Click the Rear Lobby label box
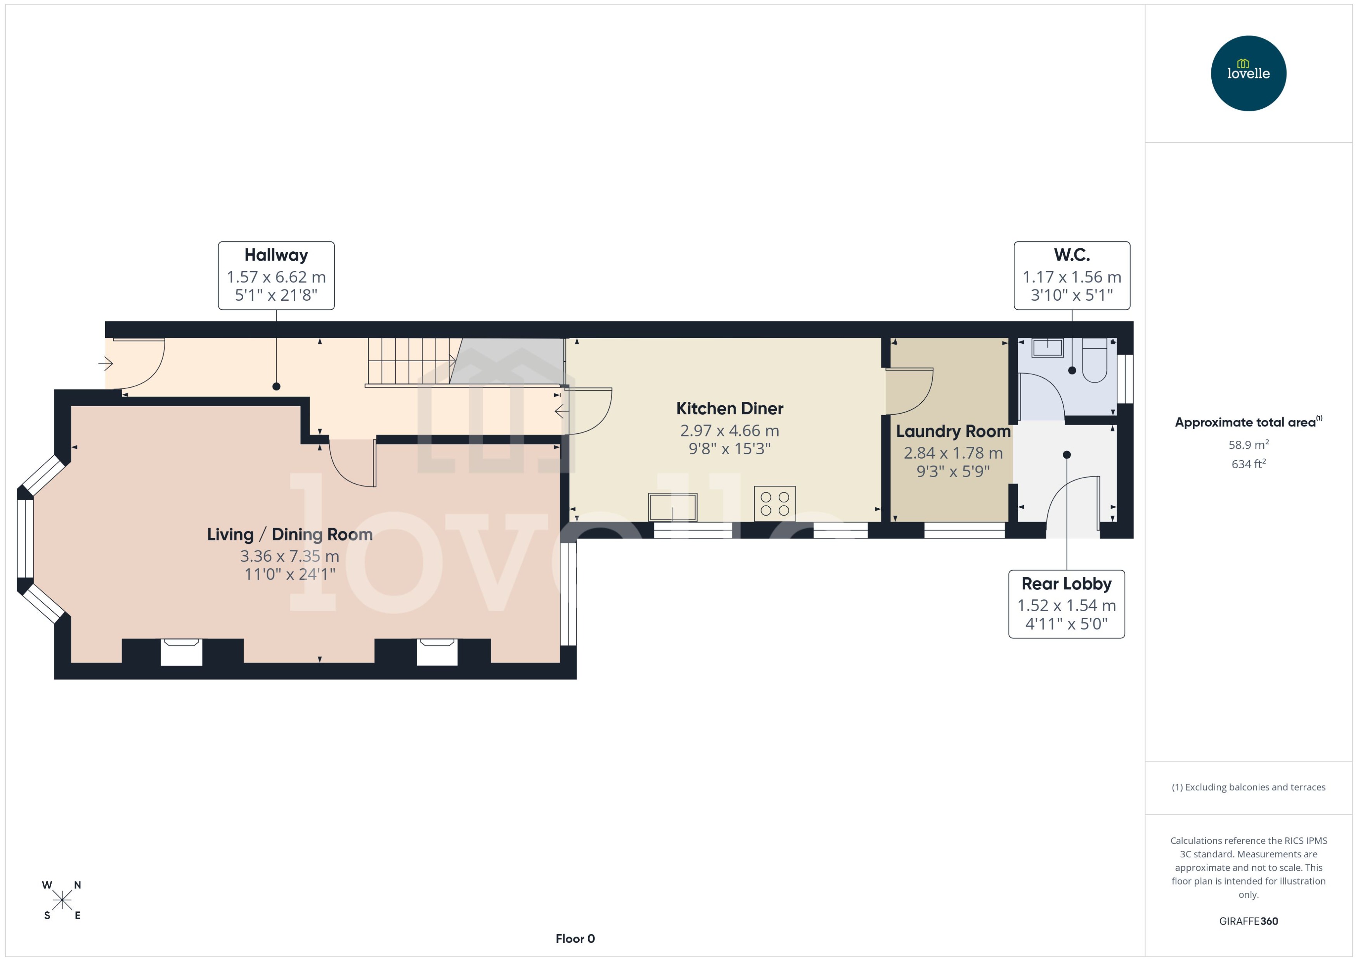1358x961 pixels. tap(1066, 604)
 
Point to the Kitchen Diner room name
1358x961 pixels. tap(729, 408)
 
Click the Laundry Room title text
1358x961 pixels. tap(953, 431)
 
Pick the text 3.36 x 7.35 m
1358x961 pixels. tap(289, 556)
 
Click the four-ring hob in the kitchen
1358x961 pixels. tap(774, 504)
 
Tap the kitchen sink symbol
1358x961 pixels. tap(673, 507)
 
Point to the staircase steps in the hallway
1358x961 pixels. tap(408, 361)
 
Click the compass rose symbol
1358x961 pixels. tap(62, 900)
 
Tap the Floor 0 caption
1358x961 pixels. tap(575, 938)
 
